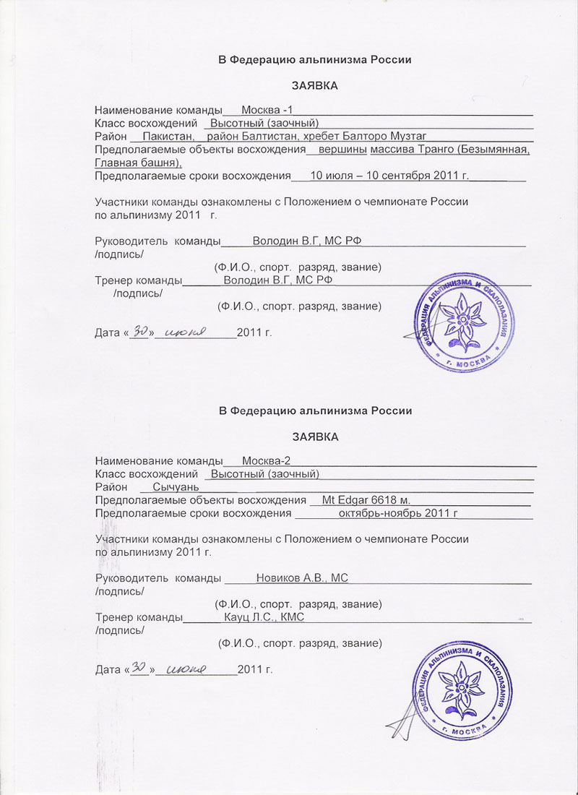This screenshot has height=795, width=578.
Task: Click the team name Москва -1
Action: pyautogui.click(x=267, y=110)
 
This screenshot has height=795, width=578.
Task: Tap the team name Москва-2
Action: pyautogui.click(x=267, y=461)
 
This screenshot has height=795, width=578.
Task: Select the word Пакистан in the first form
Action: pyautogui.click(x=168, y=137)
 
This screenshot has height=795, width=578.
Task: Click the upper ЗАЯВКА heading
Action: pyautogui.click(x=315, y=86)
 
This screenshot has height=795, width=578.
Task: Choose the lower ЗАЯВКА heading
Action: pyautogui.click(x=315, y=437)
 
